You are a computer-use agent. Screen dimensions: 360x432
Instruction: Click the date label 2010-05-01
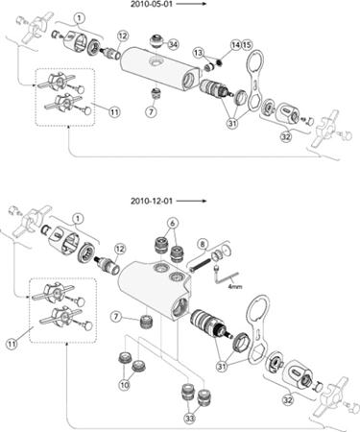coord(152,4)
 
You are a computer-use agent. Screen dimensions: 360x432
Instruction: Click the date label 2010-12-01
coord(152,201)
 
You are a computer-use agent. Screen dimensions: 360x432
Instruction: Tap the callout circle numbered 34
coord(173,44)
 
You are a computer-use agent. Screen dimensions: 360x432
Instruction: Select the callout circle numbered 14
coord(236,45)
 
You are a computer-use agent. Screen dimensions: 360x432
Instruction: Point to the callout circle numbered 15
coord(247,45)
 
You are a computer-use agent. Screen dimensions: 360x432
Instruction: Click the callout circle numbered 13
coord(199,53)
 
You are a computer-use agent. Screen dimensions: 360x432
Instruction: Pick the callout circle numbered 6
coord(173,223)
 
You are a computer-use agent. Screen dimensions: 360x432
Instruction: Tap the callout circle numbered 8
coord(203,244)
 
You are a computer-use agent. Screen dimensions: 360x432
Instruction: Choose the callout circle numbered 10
coord(124,385)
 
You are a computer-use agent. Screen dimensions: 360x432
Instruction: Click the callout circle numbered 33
coord(190,418)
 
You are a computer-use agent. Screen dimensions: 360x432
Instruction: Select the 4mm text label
coord(235,287)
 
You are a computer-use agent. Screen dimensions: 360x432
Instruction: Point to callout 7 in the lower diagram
coord(116,317)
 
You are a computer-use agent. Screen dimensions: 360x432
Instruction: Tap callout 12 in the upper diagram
coord(122,36)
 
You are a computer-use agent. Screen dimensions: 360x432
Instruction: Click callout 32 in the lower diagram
coord(288,400)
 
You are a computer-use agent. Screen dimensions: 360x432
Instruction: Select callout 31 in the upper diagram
coord(232,123)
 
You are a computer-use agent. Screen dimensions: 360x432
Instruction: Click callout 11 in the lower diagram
coord(12,345)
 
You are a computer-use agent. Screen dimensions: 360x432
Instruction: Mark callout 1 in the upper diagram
coord(79,18)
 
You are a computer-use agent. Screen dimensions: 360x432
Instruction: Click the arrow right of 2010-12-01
coord(191,201)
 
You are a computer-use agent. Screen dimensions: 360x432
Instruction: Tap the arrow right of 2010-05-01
coord(191,4)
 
